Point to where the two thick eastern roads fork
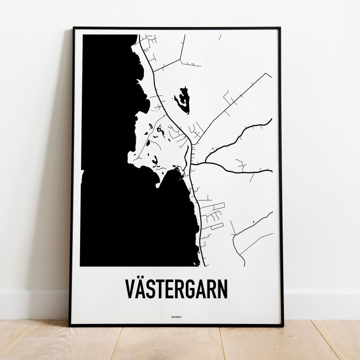click(x=205, y=162)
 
